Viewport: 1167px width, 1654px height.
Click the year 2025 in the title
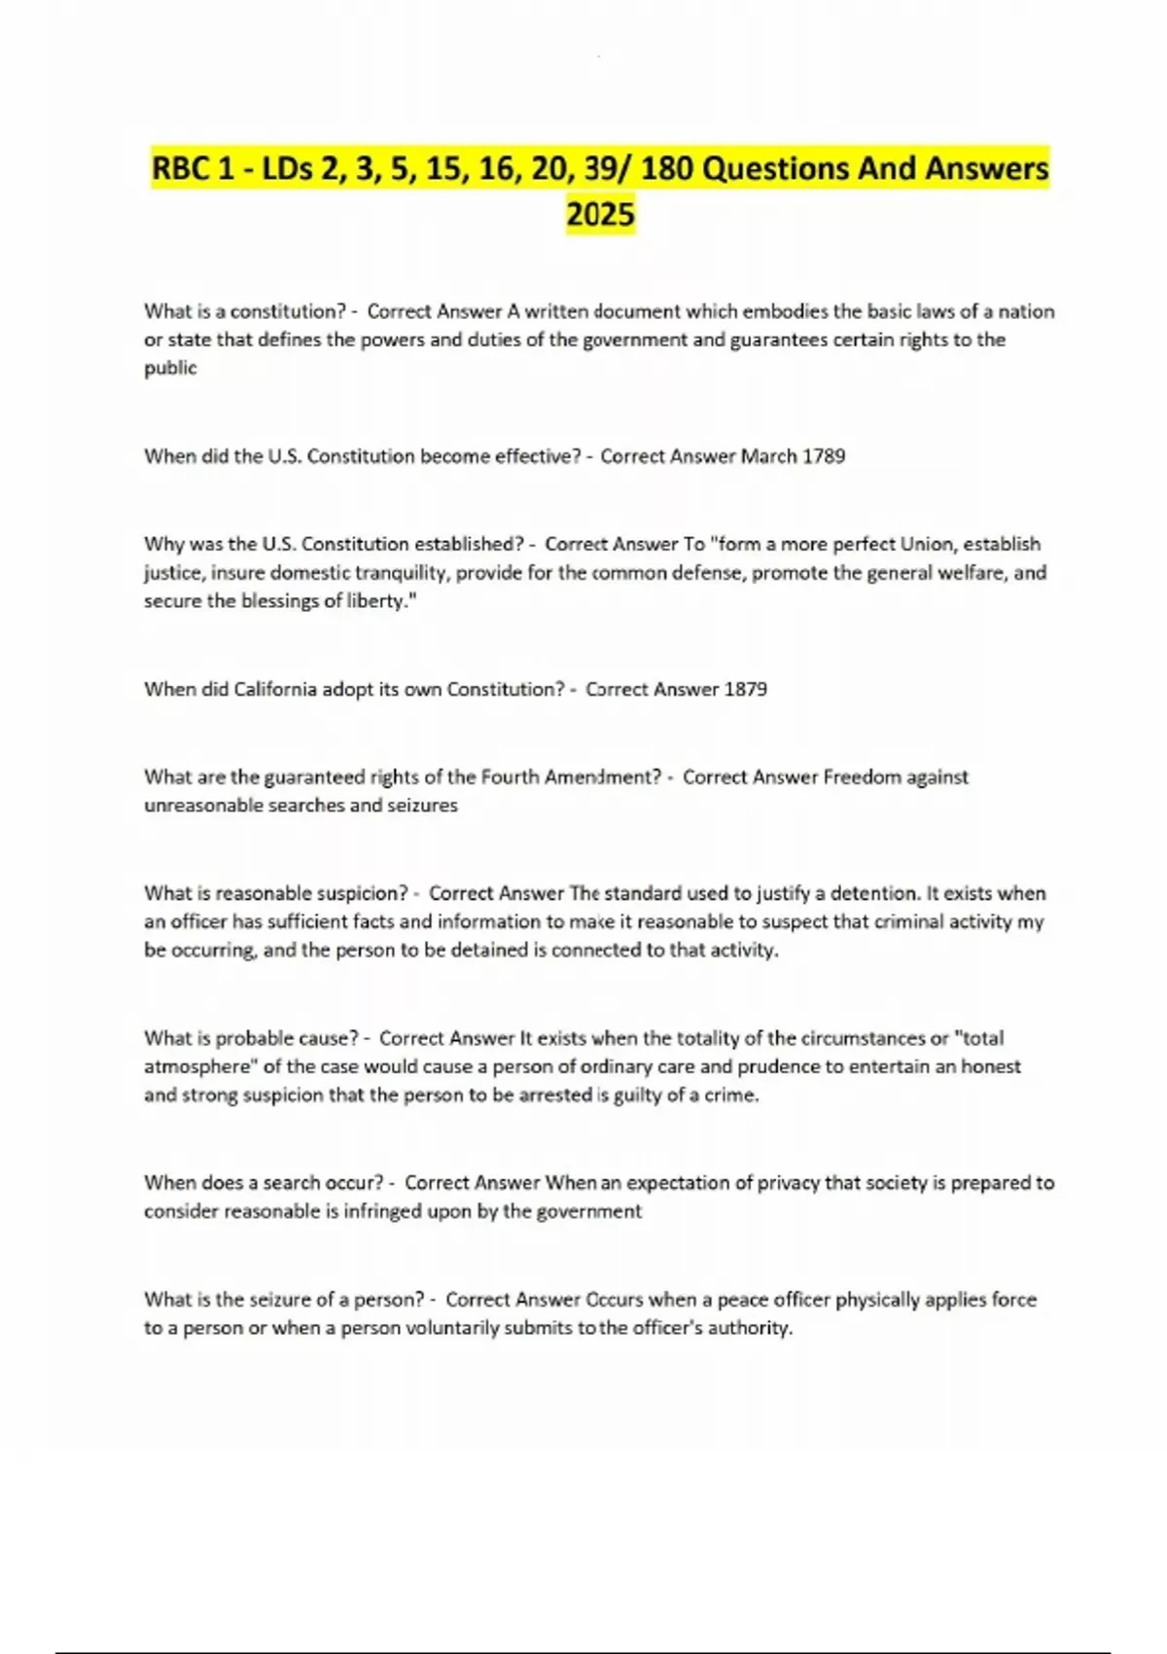click(x=600, y=213)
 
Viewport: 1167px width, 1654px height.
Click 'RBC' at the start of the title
click(x=182, y=168)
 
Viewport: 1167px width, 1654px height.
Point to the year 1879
click(x=746, y=689)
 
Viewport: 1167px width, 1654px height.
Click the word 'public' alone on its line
click(x=170, y=368)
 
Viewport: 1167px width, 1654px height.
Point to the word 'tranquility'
click(x=402, y=572)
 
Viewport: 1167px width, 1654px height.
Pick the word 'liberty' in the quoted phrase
click(x=380, y=600)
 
